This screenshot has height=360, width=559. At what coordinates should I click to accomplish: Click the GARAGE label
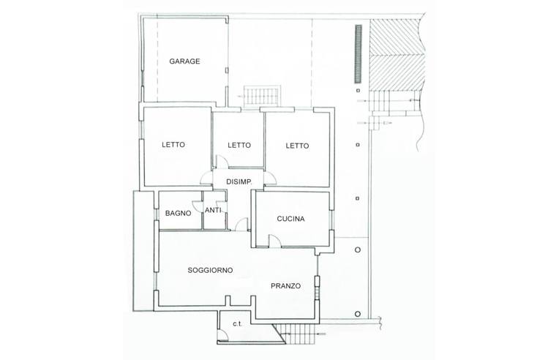(x=184, y=61)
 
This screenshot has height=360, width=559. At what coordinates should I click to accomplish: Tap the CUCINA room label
(x=290, y=219)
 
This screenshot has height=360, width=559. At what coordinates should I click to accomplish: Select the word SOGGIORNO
(x=210, y=270)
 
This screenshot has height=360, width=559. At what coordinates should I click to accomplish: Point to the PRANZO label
(x=285, y=286)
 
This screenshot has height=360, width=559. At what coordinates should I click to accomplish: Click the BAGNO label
(x=178, y=214)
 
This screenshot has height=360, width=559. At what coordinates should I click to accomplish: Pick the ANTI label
(x=213, y=211)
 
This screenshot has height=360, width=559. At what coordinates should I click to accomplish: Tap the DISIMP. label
(x=239, y=181)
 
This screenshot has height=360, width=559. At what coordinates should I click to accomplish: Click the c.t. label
(x=238, y=324)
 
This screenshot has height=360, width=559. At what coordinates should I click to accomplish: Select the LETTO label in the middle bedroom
(x=239, y=145)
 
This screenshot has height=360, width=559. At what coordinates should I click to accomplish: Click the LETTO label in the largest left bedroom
(x=173, y=145)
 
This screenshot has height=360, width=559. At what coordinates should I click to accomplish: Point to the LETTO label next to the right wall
(x=297, y=146)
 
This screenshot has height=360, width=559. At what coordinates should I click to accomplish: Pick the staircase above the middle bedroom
(x=262, y=97)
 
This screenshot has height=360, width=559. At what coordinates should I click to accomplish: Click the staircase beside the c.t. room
(x=299, y=334)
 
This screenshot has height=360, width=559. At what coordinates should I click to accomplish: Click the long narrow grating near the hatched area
(x=359, y=54)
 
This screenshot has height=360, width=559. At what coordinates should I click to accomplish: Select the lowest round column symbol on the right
(x=358, y=314)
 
